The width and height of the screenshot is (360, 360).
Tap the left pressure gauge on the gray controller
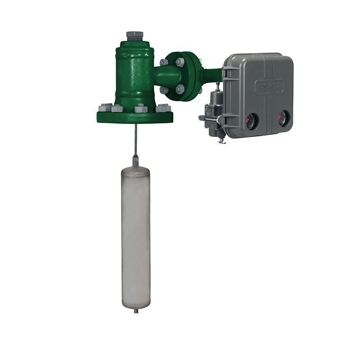coord(250,119)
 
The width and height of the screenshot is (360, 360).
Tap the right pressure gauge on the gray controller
coord(283,117)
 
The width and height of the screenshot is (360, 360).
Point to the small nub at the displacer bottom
coord(136,310)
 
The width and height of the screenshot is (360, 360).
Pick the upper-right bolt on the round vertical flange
coord(180,62)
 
